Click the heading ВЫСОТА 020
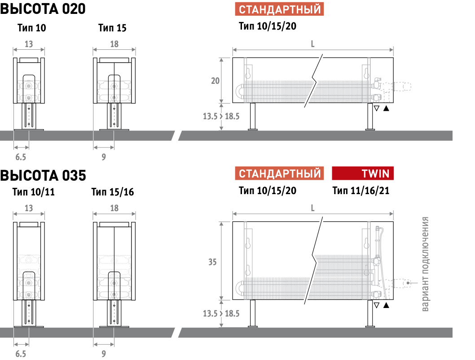[x=43, y=9]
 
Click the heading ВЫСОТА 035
[x=43, y=175]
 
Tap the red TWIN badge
[x=363, y=173]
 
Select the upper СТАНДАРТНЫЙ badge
[x=279, y=9]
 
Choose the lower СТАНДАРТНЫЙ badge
[x=279, y=173]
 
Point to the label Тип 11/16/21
[x=361, y=191]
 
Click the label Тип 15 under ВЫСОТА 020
[x=112, y=28]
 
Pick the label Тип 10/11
[x=33, y=192]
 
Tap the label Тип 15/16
[x=113, y=192]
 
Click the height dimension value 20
[x=215, y=81]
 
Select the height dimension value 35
[x=212, y=262]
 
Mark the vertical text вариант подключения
[x=425, y=264]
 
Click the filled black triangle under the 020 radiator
[x=386, y=108]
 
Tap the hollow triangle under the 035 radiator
[x=377, y=305]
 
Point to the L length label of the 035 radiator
[x=312, y=208]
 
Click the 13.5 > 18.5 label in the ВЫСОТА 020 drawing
[x=221, y=116]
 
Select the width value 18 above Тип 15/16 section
[x=114, y=208]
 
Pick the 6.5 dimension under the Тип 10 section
[x=21, y=157]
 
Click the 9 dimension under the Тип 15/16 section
[x=104, y=354]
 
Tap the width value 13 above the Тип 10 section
[x=29, y=44]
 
